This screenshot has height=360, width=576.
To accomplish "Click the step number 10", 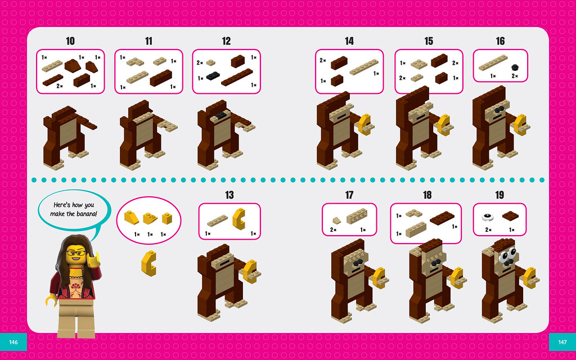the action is click(70, 40).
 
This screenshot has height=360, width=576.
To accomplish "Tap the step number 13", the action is click(229, 195).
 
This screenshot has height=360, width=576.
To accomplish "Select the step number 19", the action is click(499, 195).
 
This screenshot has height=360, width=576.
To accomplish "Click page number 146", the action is click(13, 342).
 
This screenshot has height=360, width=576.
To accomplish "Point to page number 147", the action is click(562, 342).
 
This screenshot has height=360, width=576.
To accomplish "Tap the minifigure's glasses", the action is click(76, 253).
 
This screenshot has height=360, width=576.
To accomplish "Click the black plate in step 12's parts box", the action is click(213, 76).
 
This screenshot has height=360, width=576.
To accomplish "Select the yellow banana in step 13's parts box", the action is click(239, 219).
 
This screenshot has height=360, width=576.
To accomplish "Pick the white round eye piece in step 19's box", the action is click(488, 217).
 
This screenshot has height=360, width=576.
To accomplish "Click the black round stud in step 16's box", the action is click(515, 67).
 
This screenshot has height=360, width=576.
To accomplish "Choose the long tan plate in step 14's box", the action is click(364, 67).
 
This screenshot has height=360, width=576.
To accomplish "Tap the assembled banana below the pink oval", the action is click(148, 263).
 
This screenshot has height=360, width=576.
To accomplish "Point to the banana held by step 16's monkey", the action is click(520, 125).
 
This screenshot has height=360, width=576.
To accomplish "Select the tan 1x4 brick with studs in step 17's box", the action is click(357, 217).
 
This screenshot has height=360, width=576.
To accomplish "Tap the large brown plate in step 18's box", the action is click(442, 218).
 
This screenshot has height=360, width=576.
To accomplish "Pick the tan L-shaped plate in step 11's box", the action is click(135, 62).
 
